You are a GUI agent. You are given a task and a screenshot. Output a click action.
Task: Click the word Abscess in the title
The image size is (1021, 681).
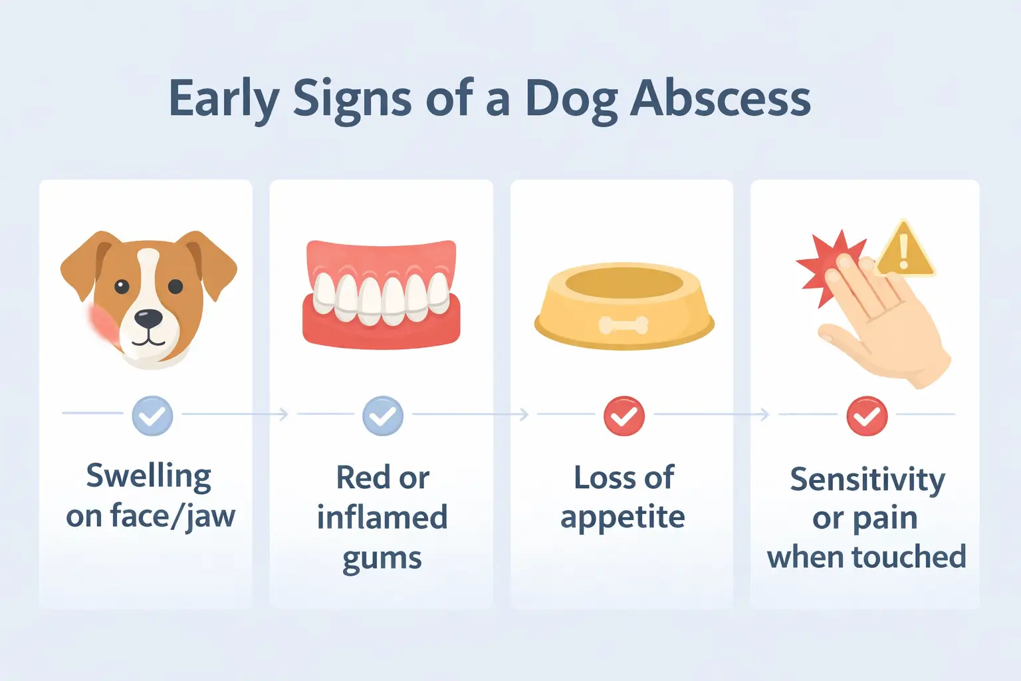(721, 98)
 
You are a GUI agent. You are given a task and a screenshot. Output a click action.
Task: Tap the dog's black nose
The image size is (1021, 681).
(148, 318)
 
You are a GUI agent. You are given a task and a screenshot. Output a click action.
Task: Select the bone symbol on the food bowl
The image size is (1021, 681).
(624, 325)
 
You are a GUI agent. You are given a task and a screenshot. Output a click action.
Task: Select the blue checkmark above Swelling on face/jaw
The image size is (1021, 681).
(152, 416)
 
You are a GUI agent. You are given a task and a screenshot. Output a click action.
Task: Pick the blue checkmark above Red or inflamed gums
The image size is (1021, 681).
(382, 416)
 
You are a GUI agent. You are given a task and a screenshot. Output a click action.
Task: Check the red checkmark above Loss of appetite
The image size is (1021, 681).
(624, 416)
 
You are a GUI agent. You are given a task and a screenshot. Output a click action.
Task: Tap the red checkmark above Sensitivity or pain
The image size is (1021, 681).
(867, 416)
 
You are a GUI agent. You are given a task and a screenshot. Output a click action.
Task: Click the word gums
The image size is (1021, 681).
(382, 558)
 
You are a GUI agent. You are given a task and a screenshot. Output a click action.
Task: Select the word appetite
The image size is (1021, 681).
(622, 517)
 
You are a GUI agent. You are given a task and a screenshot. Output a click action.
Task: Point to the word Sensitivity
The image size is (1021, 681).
(867, 479)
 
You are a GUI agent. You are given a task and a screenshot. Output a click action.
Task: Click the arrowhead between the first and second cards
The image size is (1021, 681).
(284, 414)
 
